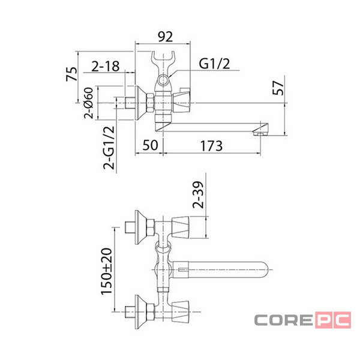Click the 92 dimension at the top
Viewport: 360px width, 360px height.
click(166, 37)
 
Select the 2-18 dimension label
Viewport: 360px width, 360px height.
click(106, 67)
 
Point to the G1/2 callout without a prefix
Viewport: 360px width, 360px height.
click(214, 64)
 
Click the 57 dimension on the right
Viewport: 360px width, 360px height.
click(278, 88)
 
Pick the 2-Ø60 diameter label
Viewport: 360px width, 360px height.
click(89, 103)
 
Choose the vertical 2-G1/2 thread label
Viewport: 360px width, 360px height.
click(109, 148)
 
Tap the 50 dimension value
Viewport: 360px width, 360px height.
click(150, 145)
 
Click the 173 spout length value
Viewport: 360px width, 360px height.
click(211, 146)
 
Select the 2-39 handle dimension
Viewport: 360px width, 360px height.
click(198, 194)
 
